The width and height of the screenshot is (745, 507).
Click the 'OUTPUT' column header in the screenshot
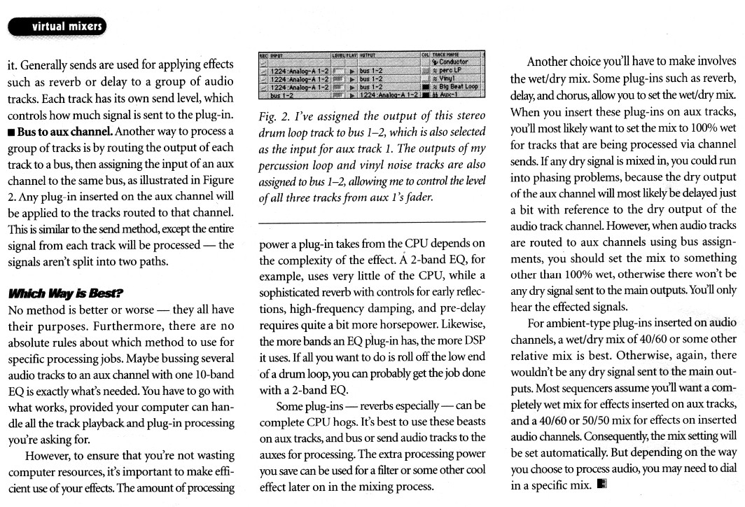pos(369,54)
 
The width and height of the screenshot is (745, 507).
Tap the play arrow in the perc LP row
pos(352,71)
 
